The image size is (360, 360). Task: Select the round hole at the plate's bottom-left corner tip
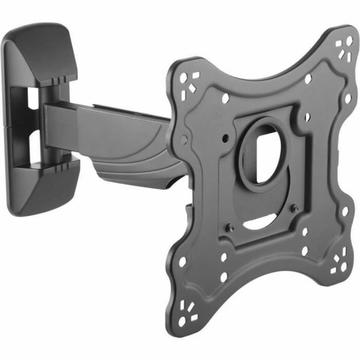tap(182, 322)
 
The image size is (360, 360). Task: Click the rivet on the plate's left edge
tap(184, 140)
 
